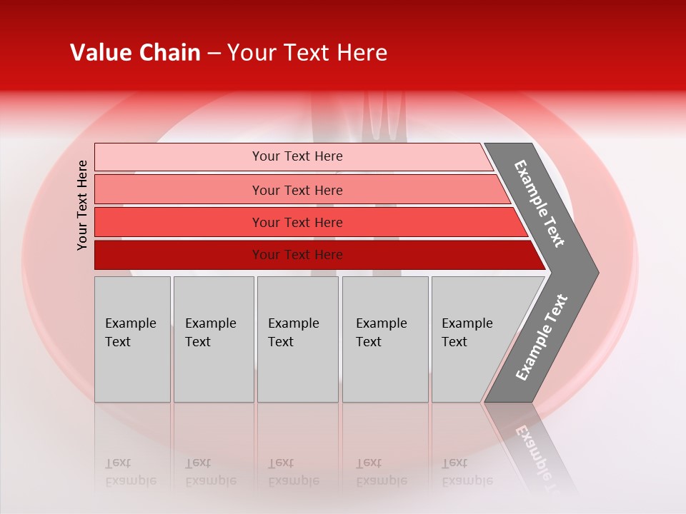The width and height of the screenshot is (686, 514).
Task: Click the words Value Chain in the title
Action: click(x=135, y=53)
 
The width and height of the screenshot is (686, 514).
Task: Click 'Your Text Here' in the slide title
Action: click(x=307, y=53)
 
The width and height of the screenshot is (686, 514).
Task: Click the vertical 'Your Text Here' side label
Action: click(x=82, y=205)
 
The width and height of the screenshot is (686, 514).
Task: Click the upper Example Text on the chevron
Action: click(x=540, y=203)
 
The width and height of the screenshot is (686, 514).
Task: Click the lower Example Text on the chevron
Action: click(x=542, y=337)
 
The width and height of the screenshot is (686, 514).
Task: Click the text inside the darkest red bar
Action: click(x=297, y=255)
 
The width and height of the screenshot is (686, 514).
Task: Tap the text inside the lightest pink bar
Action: click(x=297, y=156)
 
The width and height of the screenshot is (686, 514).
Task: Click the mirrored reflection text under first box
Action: click(x=130, y=472)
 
